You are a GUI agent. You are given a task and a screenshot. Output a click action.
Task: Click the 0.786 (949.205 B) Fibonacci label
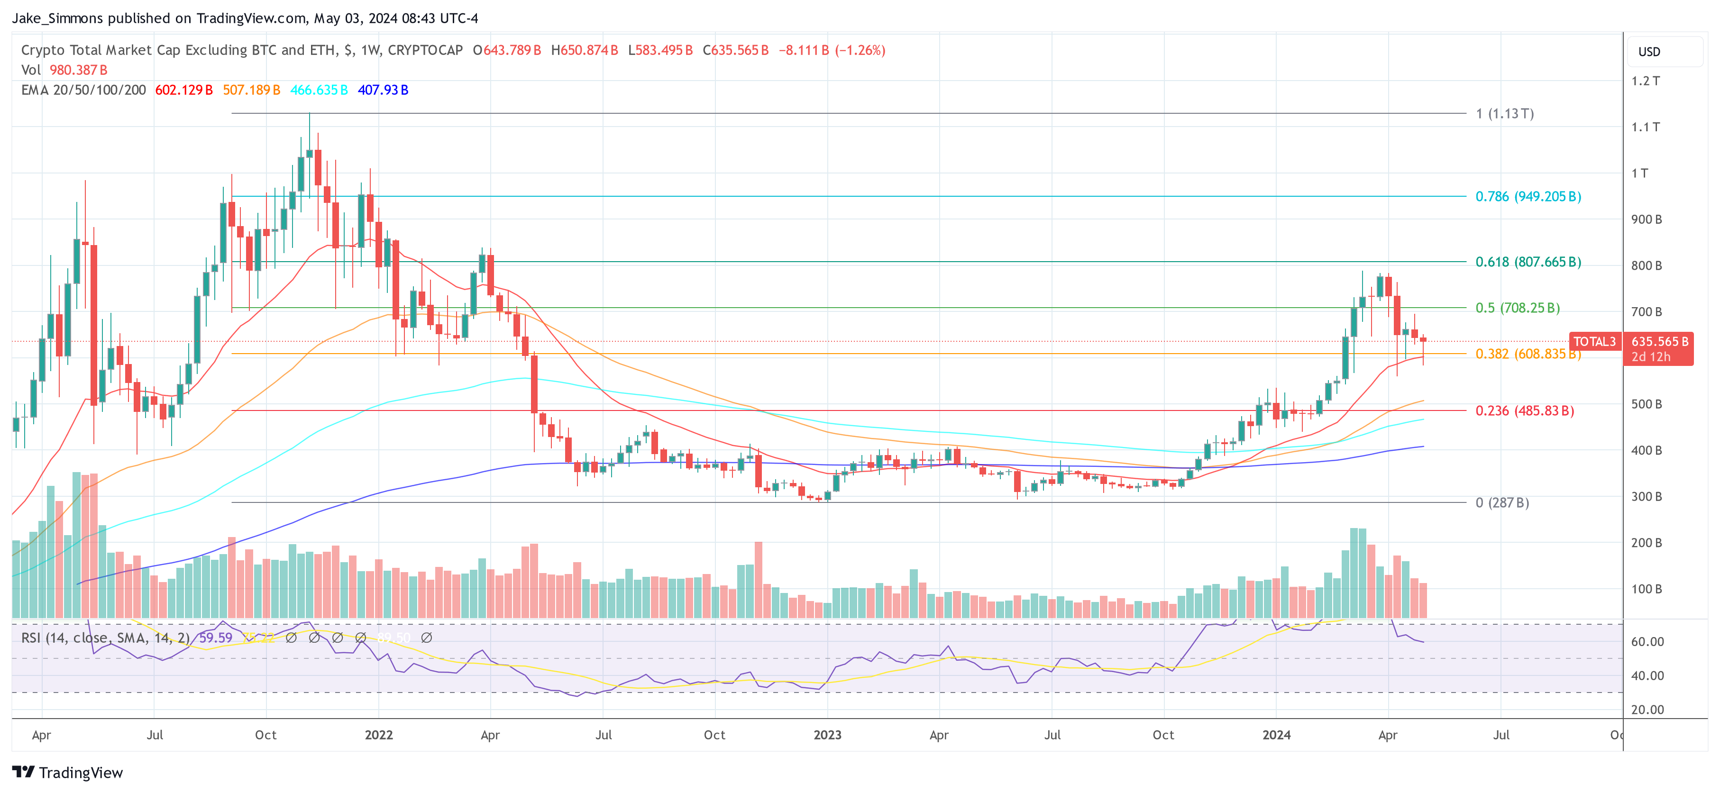click(x=1528, y=196)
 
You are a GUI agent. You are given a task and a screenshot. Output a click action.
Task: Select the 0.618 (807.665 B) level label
click(x=1528, y=262)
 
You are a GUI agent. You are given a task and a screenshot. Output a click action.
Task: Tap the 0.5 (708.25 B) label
click(x=1517, y=308)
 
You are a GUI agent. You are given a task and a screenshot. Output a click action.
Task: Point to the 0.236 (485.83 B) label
click(x=1524, y=410)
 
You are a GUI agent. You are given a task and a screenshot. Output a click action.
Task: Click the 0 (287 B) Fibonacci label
click(x=1501, y=502)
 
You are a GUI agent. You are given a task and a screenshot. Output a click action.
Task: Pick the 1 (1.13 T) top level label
click(x=1504, y=113)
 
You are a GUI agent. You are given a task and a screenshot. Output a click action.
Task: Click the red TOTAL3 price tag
click(x=1594, y=342)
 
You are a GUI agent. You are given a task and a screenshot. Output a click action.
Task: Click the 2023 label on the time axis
click(x=827, y=735)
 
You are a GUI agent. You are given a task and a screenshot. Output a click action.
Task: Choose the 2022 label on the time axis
click(x=379, y=735)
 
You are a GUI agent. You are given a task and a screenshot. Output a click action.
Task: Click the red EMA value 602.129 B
click(x=183, y=90)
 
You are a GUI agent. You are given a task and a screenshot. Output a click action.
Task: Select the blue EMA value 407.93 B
click(x=383, y=90)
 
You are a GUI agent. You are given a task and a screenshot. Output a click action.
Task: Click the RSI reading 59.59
click(x=216, y=638)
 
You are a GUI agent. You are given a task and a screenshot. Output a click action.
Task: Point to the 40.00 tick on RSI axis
click(x=1647, y=675)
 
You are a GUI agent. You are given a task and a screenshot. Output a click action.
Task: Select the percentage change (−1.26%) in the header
click(x=860, y=50)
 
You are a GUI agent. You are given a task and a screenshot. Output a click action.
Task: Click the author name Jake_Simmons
click(x=57, y=18)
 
